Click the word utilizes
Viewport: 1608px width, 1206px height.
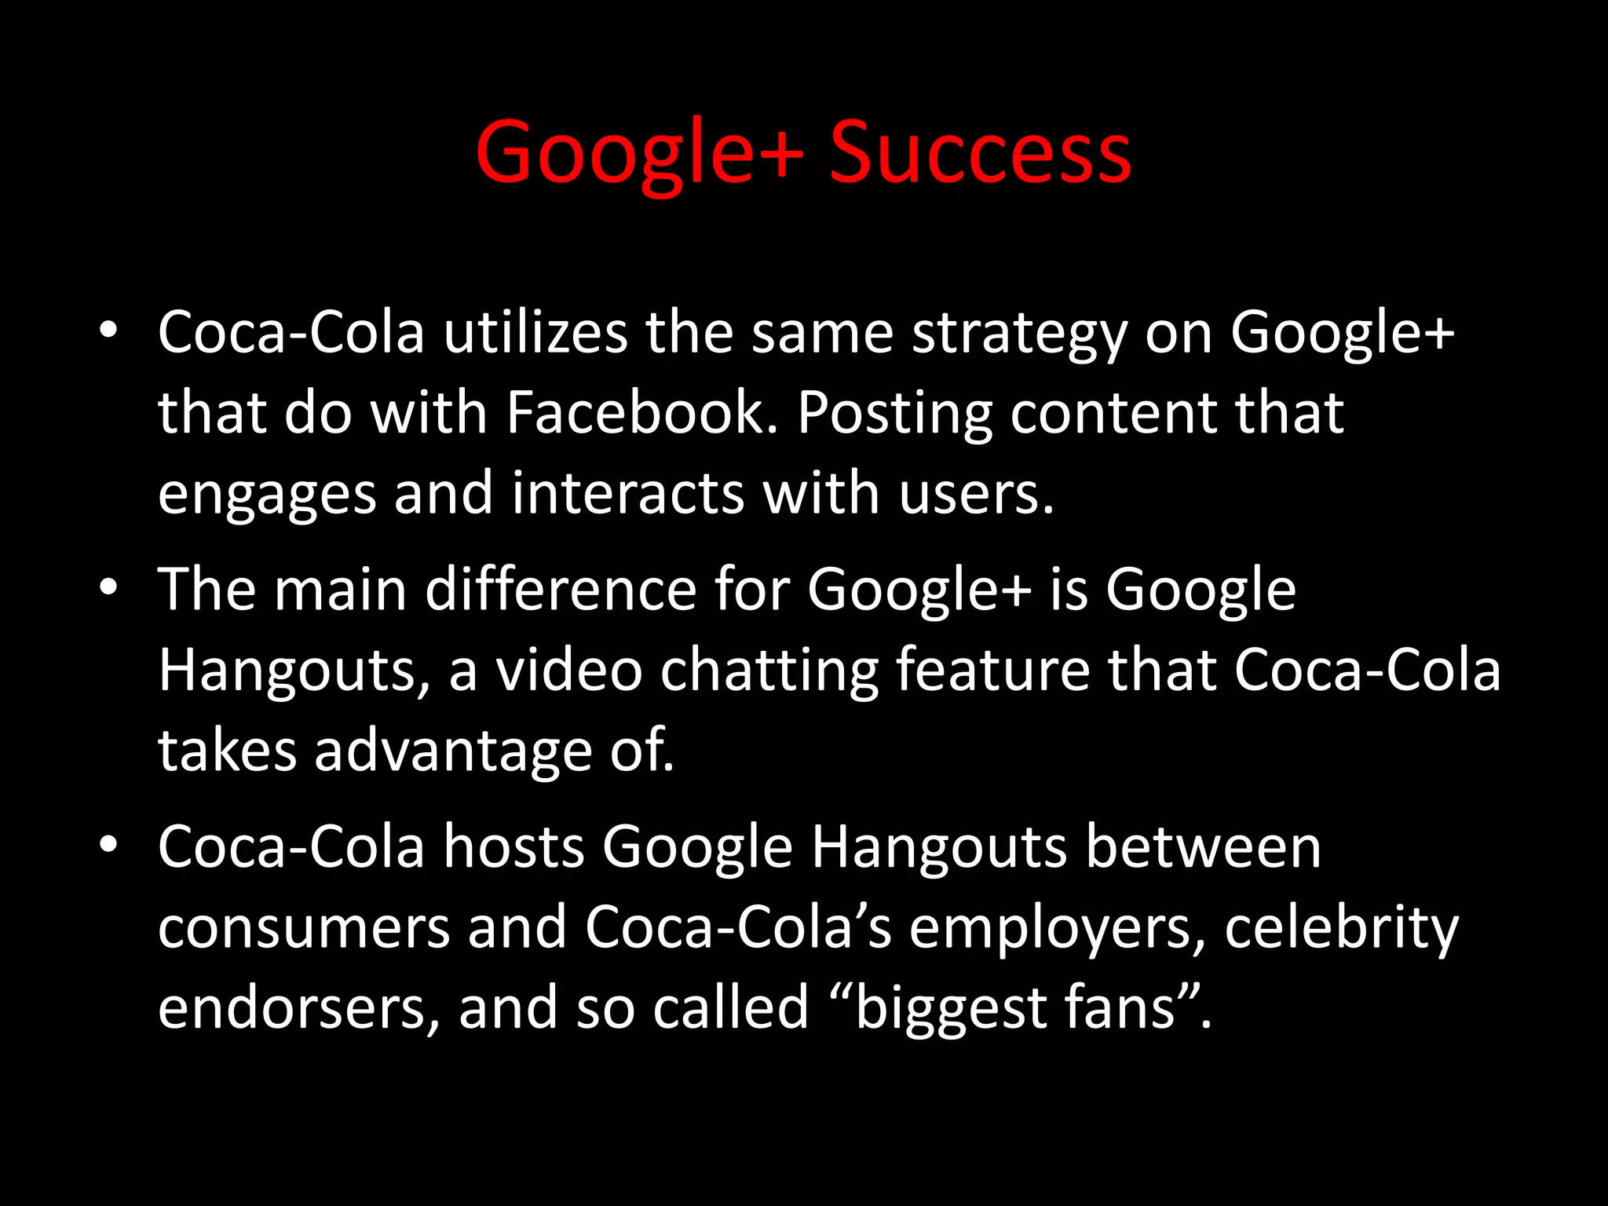(535, 332)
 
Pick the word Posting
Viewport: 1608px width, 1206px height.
(894, 414)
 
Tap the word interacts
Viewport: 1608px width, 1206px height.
(627, 494)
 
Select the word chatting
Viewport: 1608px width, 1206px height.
(769, 671)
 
